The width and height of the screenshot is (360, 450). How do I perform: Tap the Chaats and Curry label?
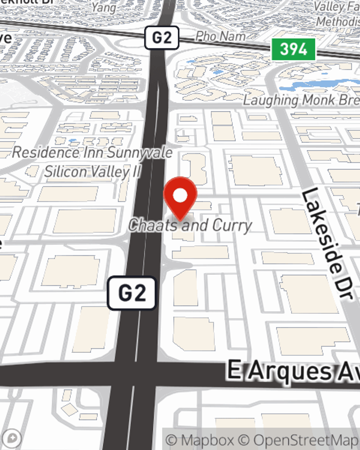pyautogui.click(x=190, y=226)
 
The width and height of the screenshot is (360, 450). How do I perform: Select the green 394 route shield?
pyautogui.click(x=293, y=49)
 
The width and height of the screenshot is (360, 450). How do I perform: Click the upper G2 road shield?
pyautogui.click(x=162, y=37)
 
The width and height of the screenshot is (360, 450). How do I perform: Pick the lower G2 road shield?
pyautogui.click(x=132, y=293)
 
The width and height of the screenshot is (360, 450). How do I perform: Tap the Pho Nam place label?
pyautogui.click(x=220, y=36)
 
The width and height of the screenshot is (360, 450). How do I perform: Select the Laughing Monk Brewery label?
pyautogui.click(x=301, y=100)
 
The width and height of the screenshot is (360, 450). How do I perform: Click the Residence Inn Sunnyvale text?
pyautogui.click(x=93, y=152)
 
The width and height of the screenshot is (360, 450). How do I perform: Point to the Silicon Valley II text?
pyautogui.click(x=93, y=172)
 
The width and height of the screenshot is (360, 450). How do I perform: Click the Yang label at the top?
pyautogui.click(x=103, y=7)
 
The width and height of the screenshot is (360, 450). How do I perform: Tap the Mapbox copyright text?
pyautogui.click(x=200, y=440)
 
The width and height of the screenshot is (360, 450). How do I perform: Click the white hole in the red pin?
pyautogui.click(x=180, y=196)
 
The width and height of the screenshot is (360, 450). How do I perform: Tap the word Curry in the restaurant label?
pyautogui.click(x=232, y=226)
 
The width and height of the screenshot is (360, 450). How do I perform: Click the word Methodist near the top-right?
pyautogui.click(x=338, y=22)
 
